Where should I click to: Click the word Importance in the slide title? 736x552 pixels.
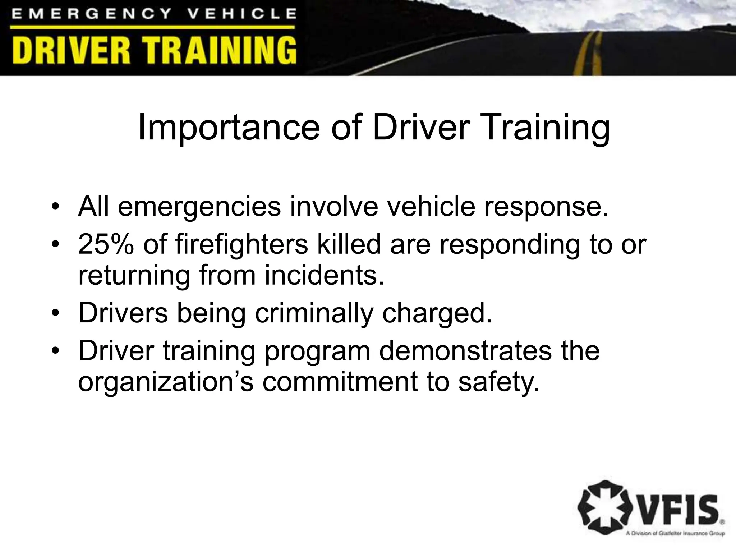click(x=229, y=128)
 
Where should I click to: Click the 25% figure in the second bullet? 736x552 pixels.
click(x=106, y=244)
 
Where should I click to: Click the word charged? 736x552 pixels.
click(x=437, y=313)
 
